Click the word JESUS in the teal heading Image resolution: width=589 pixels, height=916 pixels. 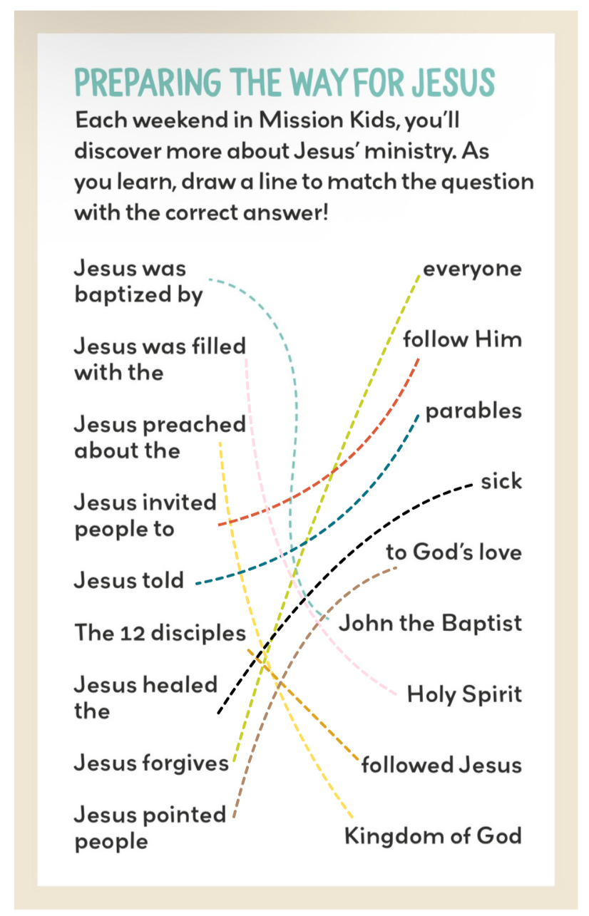[452, 83]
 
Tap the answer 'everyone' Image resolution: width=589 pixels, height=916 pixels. [472, 269]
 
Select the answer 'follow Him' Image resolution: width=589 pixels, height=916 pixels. [462, 339]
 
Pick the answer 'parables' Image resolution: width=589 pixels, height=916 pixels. [473, 412]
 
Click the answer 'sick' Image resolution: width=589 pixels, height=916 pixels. [501, 482]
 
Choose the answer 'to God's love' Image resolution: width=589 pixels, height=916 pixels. [454, 552]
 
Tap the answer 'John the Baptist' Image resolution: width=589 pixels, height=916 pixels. [430, 623]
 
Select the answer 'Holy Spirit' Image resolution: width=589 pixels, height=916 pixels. [464, 694]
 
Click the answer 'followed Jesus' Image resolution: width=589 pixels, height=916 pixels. [441, 765]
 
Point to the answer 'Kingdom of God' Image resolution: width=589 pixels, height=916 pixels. [433, 835]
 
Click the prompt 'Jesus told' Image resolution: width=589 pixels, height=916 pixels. [129, 580]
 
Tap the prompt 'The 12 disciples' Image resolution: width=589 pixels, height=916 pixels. [160, 633]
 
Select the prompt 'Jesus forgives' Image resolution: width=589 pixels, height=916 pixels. [151, 763]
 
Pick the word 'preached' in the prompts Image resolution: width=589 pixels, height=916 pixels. [194, 425]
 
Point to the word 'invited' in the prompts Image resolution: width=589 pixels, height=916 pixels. [180, 503]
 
